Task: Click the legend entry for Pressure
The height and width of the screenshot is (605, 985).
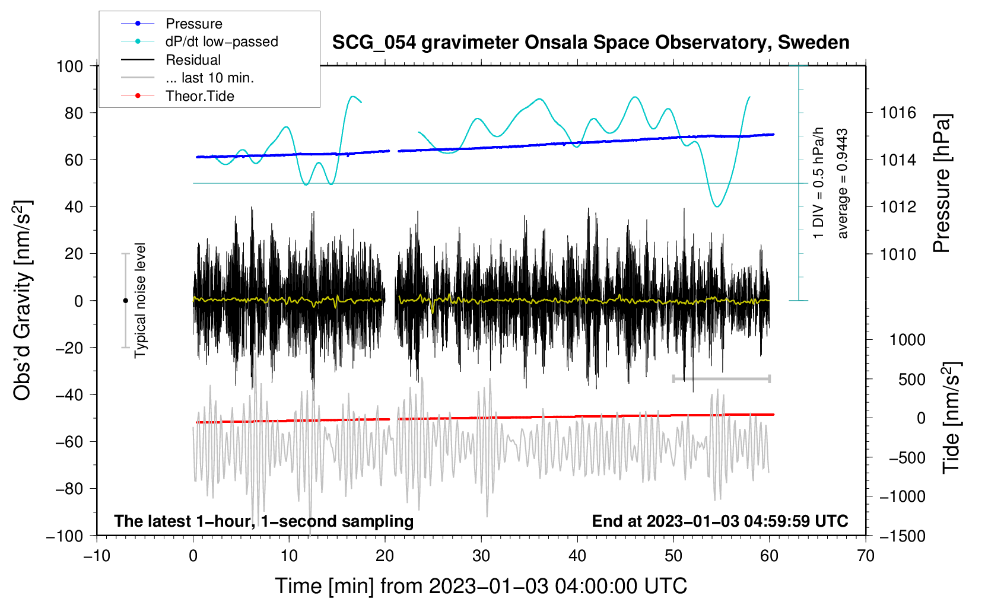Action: pos(193,24)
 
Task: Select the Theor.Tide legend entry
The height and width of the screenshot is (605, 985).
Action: pos(199,96)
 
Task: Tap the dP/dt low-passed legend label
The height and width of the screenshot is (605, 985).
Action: pos(221,42)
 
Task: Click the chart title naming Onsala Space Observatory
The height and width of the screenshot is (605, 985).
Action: pos(590,43)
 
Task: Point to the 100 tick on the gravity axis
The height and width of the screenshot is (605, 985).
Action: pos(70,66)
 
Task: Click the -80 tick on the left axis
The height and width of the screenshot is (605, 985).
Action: pos(69,489)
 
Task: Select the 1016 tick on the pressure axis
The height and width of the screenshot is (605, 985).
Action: pos(898,113)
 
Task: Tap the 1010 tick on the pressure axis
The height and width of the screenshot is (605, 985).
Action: pos(898,254)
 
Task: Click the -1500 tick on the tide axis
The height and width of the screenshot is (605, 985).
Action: pos(902,536)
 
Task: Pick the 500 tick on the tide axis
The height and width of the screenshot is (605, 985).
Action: pos(911,379)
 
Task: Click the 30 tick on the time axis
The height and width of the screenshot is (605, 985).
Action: pos(481,556)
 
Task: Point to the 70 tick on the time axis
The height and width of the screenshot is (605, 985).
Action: pos(866,556)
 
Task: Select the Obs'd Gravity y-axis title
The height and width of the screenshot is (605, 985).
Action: pos(23,301)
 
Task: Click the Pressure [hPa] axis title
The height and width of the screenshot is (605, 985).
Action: pos(942,183)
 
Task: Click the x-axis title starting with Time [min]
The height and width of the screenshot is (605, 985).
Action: pos(481,586)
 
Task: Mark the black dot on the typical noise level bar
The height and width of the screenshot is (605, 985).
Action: pos(125,301)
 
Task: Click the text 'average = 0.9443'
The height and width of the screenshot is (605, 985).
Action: pos(843,184)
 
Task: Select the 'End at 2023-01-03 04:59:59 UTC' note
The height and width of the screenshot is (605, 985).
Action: pos(720,521)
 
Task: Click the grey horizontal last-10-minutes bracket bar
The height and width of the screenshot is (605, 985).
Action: pos(721,378)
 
